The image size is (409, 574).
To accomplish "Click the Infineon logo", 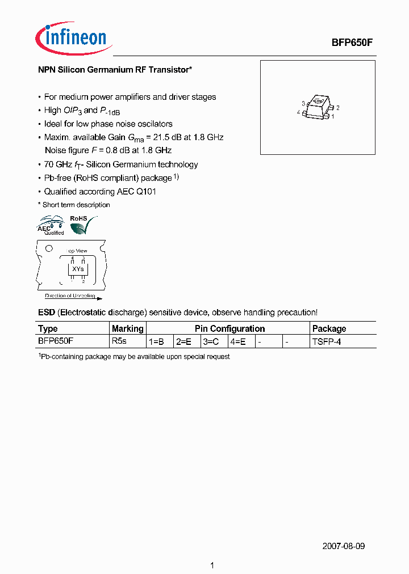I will pos(72,39).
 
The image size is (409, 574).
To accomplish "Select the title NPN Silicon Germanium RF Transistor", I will pos(115,70).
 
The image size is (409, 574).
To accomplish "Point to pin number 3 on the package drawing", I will pos(303,103).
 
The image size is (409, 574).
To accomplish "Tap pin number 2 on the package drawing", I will pos(337,107).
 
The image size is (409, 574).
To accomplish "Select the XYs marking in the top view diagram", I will pos(78,268).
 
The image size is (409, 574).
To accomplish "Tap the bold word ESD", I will pos(47,313).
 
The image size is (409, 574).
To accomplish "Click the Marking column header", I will pos(128,328).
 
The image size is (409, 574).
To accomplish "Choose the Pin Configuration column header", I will pos(229,328).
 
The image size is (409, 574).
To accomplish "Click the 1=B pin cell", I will pos(156,341).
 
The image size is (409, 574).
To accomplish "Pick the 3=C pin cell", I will pos(211,341).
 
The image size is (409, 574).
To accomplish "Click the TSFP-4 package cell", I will pos(327,341).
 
